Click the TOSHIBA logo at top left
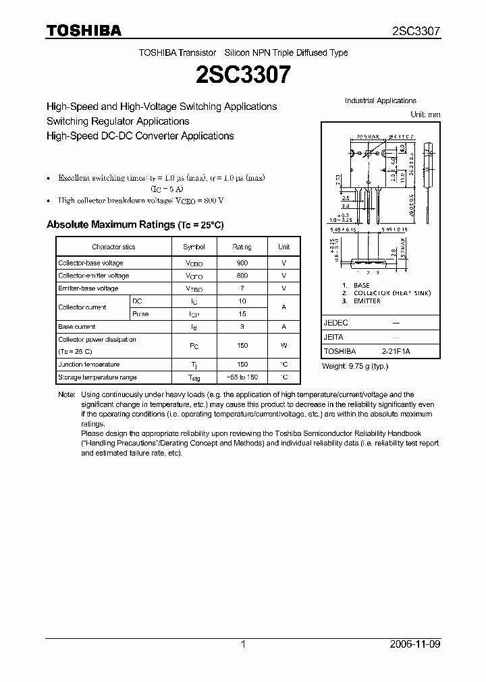point(84,31)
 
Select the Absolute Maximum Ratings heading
point(134,224)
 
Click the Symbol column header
point(194,247)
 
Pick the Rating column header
point(242,247)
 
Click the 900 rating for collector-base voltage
point(242,263)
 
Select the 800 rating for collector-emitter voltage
point(242,276)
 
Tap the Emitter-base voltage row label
point(88,288)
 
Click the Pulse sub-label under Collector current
point(140,314)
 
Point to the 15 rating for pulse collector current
point(242,314)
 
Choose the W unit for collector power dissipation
point(284,345)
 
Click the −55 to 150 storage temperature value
point(242,377)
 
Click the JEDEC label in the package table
point(335,323)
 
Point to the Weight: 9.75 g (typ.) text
point(356,366)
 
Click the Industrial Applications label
point(381,101)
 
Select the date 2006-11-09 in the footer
point(416,644)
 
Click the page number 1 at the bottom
point(243,644)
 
